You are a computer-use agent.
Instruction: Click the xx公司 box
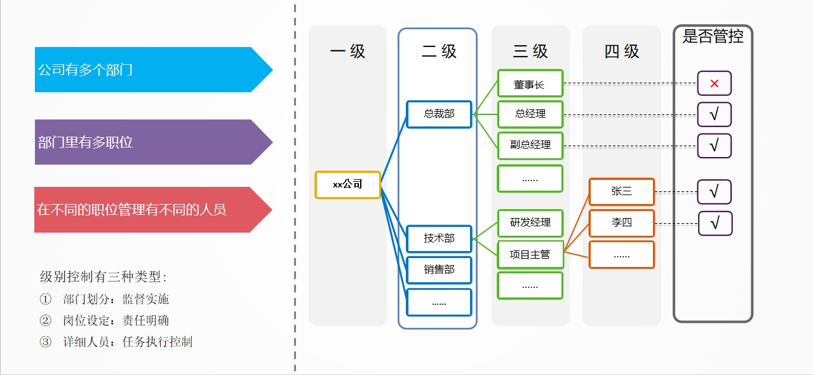pyautogui.click(x=347, y=185)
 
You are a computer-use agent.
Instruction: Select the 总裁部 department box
pyautogui.click(x=439, y=114)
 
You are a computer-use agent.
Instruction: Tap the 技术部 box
pyautogui.click(x=439, y=238)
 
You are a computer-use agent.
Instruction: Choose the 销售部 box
pyautogui.click(x=439, y=269)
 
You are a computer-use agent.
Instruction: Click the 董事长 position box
pyautogui.click(x=530, y=83)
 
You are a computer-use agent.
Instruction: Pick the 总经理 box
pyautogui.click(x=530, y=114)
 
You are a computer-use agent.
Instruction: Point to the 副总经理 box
pyautogui.click(x=530, y=145)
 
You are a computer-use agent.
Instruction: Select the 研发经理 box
pyautogui.click(x=530, y=223)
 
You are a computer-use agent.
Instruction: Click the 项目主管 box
pyautogui.click(x=530, y=254)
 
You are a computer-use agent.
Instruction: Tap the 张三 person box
pyautogui.click(x=621, y=191)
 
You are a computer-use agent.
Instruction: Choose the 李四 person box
pyautogui.click(x=621, y=223)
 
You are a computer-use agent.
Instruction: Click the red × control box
pyautogui.click(x=714, y=83)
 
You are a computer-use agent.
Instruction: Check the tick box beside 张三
pyautogui.click(x=714, y=191)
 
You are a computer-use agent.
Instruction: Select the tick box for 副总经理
pyautogui.click(x=714, y=146)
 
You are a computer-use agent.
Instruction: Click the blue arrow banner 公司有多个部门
pyautogui.click(x=146, y=70)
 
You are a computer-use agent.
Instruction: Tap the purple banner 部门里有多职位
pyautogui.click(x=146, y=142)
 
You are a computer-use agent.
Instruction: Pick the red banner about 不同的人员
pyautogui.click(x=146, y=210)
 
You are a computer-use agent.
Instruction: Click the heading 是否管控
pyautogui.click(x=713, y=36)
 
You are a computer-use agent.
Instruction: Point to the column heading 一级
pyautogui.click(x=347, y=51)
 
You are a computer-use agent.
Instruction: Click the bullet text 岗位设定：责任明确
pyautogui.click(x=116, y=320)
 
